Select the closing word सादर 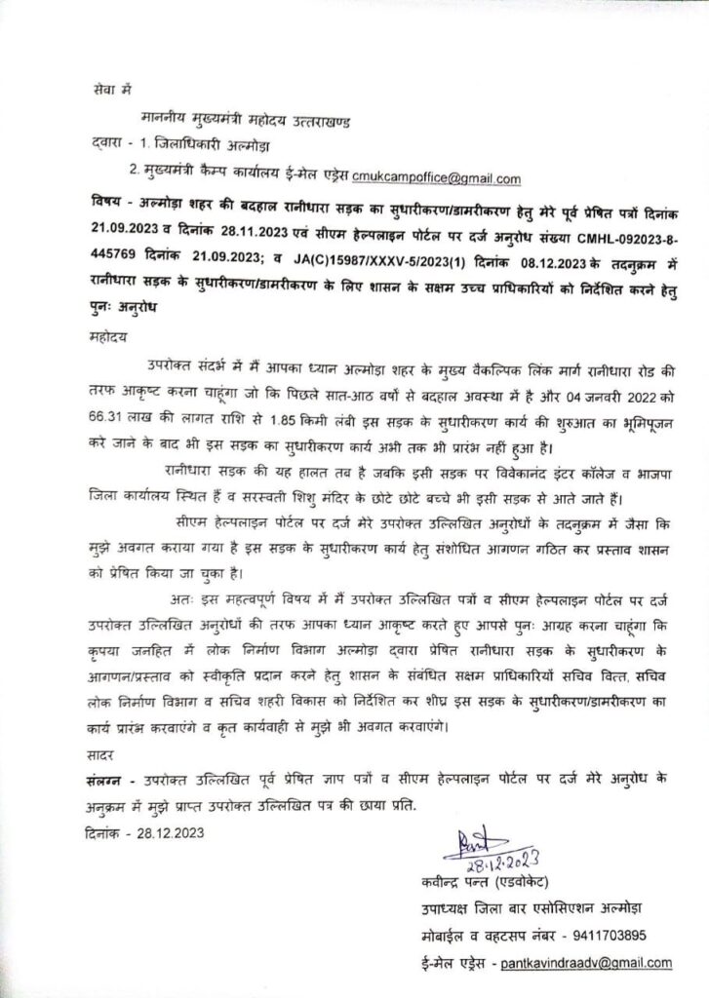pos(98,753)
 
